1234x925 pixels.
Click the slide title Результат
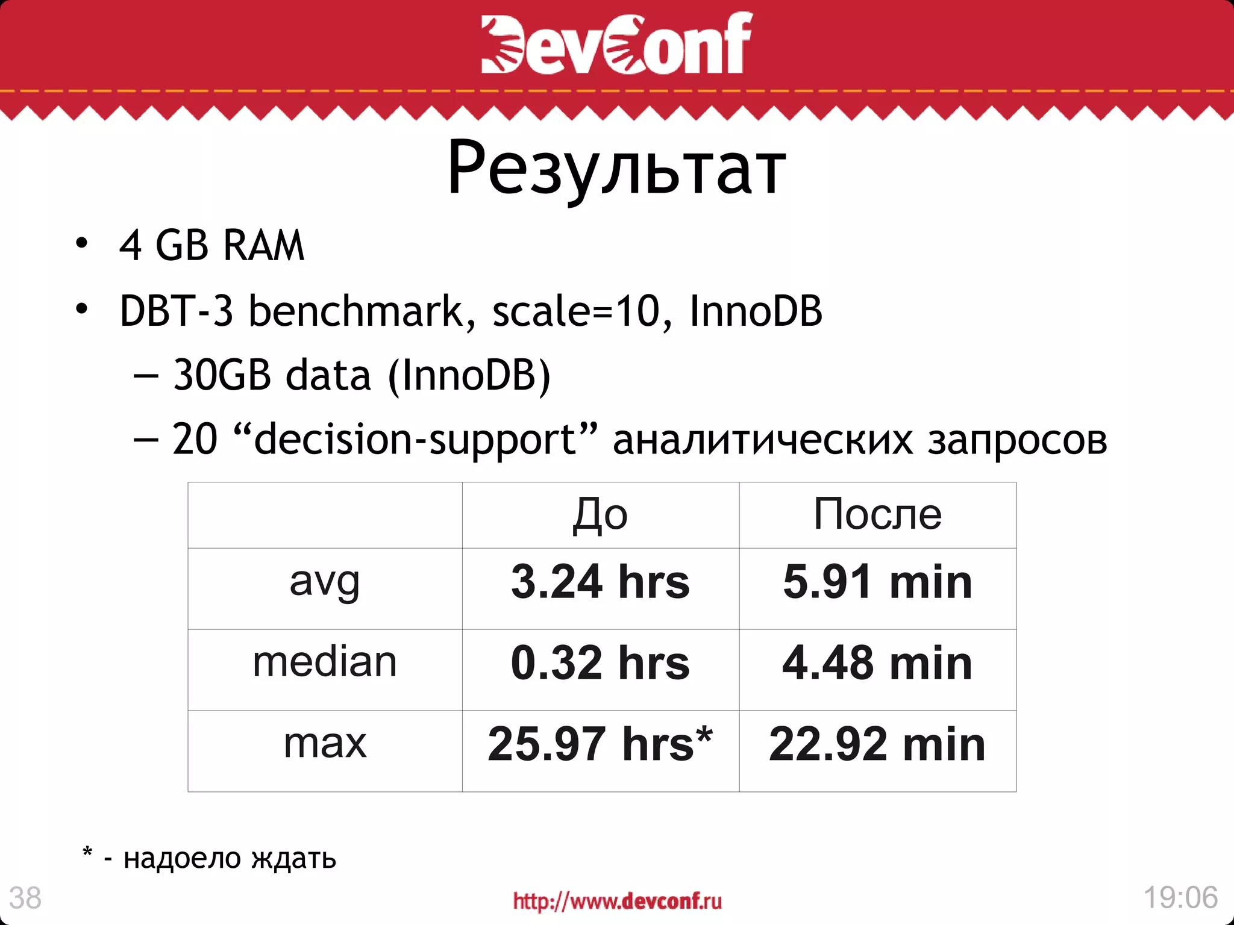click(x=616, y=169)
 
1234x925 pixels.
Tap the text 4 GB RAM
click(x=211, y=246)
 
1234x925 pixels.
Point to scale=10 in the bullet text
click(x=576, y=311)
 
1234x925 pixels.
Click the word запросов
click(x=1017, y=440)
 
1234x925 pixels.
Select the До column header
click(x=600, y=515)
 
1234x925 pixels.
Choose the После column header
click(x=877, y=514)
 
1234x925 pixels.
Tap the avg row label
click(x=325, y=582)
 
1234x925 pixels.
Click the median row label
click(x=325, y=662)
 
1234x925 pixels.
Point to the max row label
click(x=325, y=744)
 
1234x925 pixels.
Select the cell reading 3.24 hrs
click(x=600, y=582)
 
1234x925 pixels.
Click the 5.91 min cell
click(x=877, y=582)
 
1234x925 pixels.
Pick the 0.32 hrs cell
click(x=600, y=663)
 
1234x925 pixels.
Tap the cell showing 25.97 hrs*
click(x=600, y=744)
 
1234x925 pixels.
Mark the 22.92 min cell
click(x=877, y=744)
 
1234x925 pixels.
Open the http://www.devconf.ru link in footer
click(x=617, y=901)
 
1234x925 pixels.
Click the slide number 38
click(x=25, y=898)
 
